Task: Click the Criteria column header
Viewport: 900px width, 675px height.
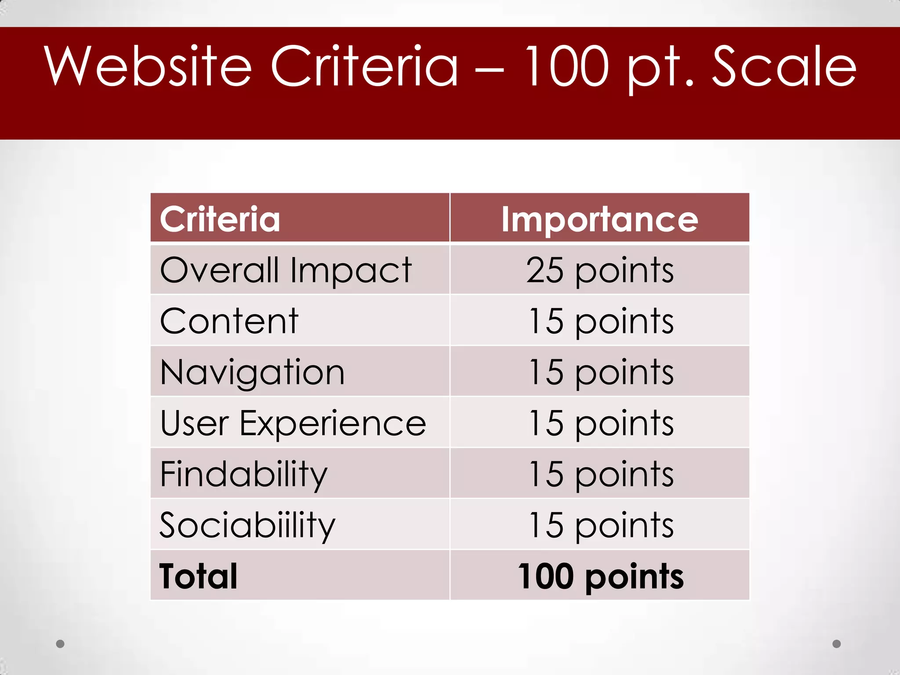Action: [220, 219]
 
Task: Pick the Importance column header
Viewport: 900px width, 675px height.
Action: [599, 219]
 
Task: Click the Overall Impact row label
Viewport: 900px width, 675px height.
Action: [286, 270]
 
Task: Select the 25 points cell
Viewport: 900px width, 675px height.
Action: [599, 270]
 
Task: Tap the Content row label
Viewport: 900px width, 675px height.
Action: [229, 321]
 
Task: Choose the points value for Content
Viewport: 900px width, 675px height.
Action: [600, 321]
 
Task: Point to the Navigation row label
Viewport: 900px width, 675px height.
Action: [252, 372]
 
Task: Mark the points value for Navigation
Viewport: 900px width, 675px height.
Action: [600, 372]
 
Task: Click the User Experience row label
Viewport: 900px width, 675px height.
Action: [293, 423]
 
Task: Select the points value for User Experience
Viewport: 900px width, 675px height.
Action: [600, 423]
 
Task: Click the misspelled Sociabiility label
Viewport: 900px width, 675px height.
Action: [247, 525]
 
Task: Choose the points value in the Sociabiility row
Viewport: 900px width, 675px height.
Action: [600, 525]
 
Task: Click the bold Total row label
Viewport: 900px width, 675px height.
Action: [198, 576]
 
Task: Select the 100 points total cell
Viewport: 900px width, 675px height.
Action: [600, 576]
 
